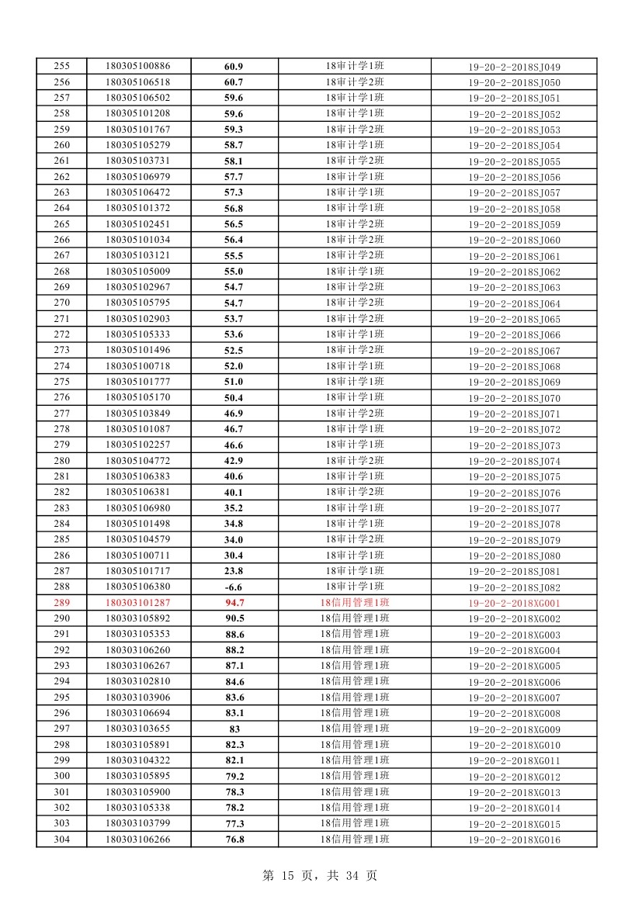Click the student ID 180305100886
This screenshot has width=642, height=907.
(x=137, y=67)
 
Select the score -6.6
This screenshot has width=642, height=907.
(x=233, y=587)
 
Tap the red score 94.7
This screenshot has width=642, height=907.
(x=234, y=603)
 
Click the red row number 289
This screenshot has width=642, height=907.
(x=61, y=603)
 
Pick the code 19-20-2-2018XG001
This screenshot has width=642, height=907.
(x=513, y=603)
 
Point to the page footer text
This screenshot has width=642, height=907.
(x=320, y=875)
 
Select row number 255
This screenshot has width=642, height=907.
(x=61, y=67)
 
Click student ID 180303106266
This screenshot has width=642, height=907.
(x=137, y=839)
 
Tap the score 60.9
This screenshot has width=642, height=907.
(x=234, y=67)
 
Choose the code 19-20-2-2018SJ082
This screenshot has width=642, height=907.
(x=513, y=587)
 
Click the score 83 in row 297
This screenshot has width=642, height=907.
(x=234, y=729)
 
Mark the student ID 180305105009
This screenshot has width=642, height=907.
(x=137, y=272)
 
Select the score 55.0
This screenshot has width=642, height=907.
(x=234, y=272)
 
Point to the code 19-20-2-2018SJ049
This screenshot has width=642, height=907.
(x=513, y=67)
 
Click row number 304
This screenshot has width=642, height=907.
(x=61, y=839)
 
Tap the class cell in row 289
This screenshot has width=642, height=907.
(x=354, y=603)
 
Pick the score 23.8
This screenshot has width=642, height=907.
(x=234, y=571)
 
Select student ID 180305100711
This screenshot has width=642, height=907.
(x=137, y=556)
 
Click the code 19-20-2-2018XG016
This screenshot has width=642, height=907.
(x=513, y=839)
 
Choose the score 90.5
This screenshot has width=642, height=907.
(x=234, y=618)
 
